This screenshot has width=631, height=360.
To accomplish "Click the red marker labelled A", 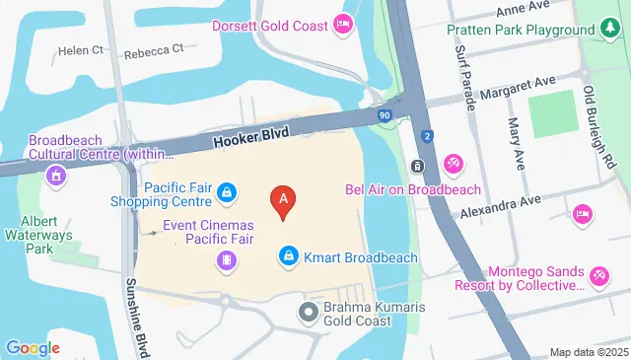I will pos(284,201).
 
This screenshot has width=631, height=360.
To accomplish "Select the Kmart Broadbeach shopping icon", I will pos(288,256).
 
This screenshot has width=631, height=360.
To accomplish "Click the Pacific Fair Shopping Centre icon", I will pos(228,190).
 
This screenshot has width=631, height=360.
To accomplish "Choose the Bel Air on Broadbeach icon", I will pos(453,163).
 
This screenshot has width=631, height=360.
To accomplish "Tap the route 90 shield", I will pos(383,115).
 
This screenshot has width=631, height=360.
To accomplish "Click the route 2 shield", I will pos(426,135).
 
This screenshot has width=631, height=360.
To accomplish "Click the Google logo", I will pos(33,348).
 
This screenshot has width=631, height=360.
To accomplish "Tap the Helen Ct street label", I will pos(80,50).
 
